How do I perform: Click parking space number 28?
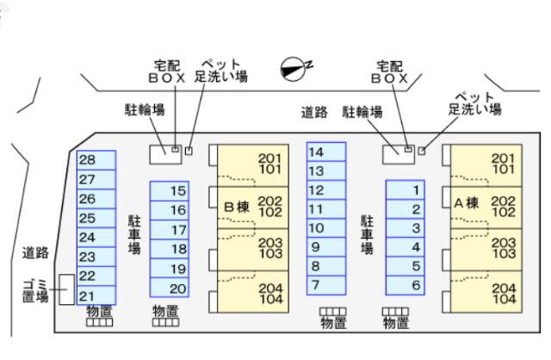tap(95, 160)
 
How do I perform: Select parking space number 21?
tap(95, 295)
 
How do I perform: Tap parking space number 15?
tap(169, 191)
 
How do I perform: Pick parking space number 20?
tap(169, 289)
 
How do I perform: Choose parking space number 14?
tap(325, 152)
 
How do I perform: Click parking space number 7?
tap(325, 284)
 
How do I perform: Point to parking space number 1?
tap(405, 190)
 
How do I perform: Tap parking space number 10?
tap(325, 228)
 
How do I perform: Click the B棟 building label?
tap(236, 207)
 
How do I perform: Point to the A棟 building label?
tap(467, 203)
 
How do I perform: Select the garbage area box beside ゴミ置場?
tap(65, 290)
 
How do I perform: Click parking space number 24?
tap(95, 237)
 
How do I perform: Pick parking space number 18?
tap(169, 250)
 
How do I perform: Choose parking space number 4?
tap(405, 247)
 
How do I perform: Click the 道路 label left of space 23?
tap(35, 253)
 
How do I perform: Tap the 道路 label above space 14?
tap(314, 112)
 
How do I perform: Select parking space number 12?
tap(325, 190)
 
